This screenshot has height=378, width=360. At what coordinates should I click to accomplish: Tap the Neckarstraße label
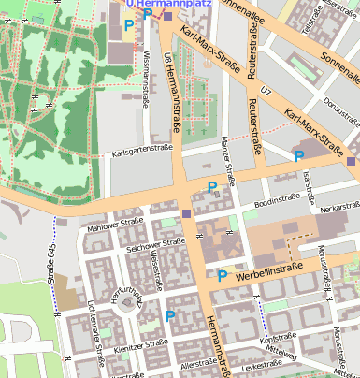pyautogui.click(x=338, y=209)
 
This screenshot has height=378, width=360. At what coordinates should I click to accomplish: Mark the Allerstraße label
pyautogui.click(x=199, y=362)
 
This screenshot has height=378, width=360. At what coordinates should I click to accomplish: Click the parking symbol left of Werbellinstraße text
pyautogui.click(x=223, y=276)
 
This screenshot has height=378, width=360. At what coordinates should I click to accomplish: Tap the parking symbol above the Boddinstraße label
pyautogui.click(x=212, y=187)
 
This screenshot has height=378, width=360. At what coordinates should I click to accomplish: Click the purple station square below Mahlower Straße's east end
pyautogui.click(x=188, y=214)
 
